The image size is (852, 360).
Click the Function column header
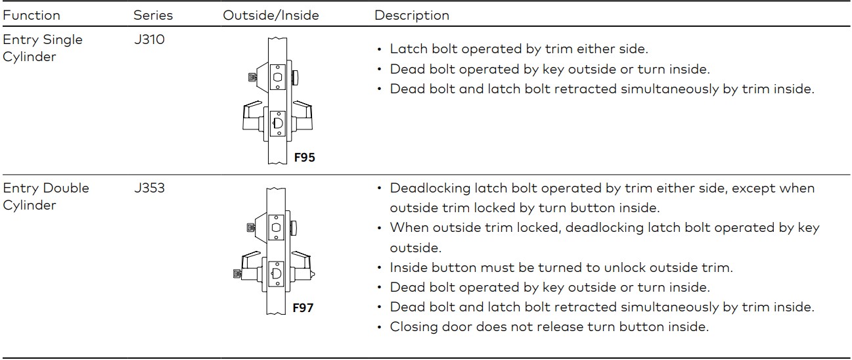(31, 15)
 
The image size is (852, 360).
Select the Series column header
(153, 15)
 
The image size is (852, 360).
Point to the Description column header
(412, 15)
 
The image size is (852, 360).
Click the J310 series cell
(149, 39)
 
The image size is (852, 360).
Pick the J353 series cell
(149, 188)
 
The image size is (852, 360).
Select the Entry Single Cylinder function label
(43, 48)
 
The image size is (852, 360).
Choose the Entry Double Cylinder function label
(46, 196)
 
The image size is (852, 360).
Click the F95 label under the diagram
(305, 158)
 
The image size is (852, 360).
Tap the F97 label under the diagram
(303, 307)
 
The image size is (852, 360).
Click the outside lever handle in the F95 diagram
(252, 118)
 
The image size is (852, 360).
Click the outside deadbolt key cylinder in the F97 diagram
(251, 227)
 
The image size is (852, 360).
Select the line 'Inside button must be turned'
(561, 267)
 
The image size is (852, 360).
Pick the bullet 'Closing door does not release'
(549, 326)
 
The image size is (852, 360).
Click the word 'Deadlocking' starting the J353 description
(429, 189)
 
